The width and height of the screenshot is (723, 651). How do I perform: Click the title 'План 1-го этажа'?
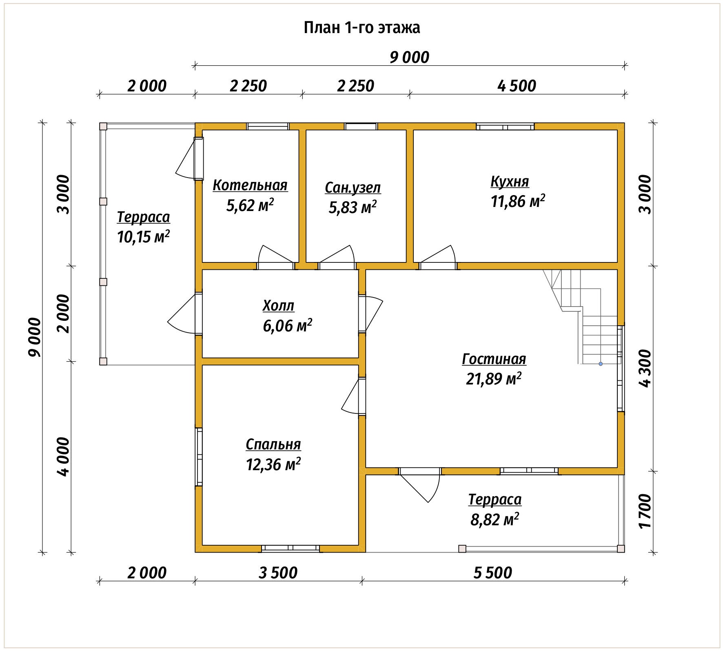362,28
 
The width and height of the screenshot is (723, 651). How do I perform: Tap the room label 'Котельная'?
250,185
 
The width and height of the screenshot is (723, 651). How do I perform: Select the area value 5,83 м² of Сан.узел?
353,207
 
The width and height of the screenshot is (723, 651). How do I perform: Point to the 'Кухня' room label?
510,182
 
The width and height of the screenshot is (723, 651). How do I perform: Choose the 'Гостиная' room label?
494,359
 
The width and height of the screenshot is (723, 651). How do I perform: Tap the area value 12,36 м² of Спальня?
273,464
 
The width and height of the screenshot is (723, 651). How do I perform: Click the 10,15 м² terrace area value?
143,236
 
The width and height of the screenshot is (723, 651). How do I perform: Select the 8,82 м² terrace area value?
495,520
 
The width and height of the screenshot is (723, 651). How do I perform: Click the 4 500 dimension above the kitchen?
517,86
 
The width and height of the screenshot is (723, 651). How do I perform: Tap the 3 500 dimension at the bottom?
278,573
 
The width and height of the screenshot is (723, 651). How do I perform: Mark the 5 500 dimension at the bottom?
492,573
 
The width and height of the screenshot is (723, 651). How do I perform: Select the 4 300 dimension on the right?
645,368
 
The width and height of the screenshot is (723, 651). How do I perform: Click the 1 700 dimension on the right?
645,511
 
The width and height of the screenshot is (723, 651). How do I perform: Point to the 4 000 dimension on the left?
64,456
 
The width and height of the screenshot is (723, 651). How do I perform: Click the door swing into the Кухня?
438,257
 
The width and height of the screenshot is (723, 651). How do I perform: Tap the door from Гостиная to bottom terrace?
420,485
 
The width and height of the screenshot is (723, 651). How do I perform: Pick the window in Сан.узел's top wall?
361,127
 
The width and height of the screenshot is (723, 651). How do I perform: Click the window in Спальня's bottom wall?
291,549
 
